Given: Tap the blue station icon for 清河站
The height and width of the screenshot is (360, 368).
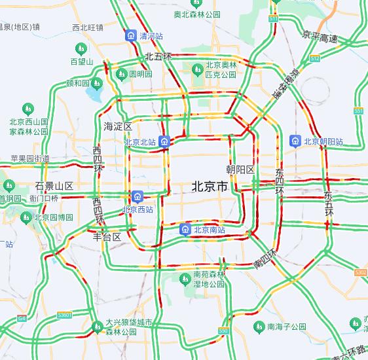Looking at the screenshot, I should click(131, 35).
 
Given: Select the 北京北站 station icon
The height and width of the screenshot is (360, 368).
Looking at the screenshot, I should click(166, 141).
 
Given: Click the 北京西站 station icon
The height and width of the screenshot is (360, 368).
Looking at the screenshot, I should click(138, 196).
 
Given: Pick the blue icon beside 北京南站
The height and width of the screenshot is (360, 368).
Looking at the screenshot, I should click(185, 230).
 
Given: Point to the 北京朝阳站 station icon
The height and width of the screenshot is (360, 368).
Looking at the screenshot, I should click(295, 141).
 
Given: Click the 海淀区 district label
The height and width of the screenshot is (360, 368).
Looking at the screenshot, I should click(118, 126).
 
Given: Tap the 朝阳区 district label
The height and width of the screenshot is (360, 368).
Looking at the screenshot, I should click(240, 169).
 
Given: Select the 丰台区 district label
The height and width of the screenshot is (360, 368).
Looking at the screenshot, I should click(107, 237).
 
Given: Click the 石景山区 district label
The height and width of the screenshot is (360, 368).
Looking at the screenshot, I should click(54, 186).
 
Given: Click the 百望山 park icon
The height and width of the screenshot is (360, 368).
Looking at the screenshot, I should click(81, 49).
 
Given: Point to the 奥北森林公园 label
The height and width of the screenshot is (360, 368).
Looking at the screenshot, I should click(196, 14).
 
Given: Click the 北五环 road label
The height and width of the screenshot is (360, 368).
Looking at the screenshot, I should click(158, 57).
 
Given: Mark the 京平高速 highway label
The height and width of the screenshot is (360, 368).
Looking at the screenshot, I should click(320, 37).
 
